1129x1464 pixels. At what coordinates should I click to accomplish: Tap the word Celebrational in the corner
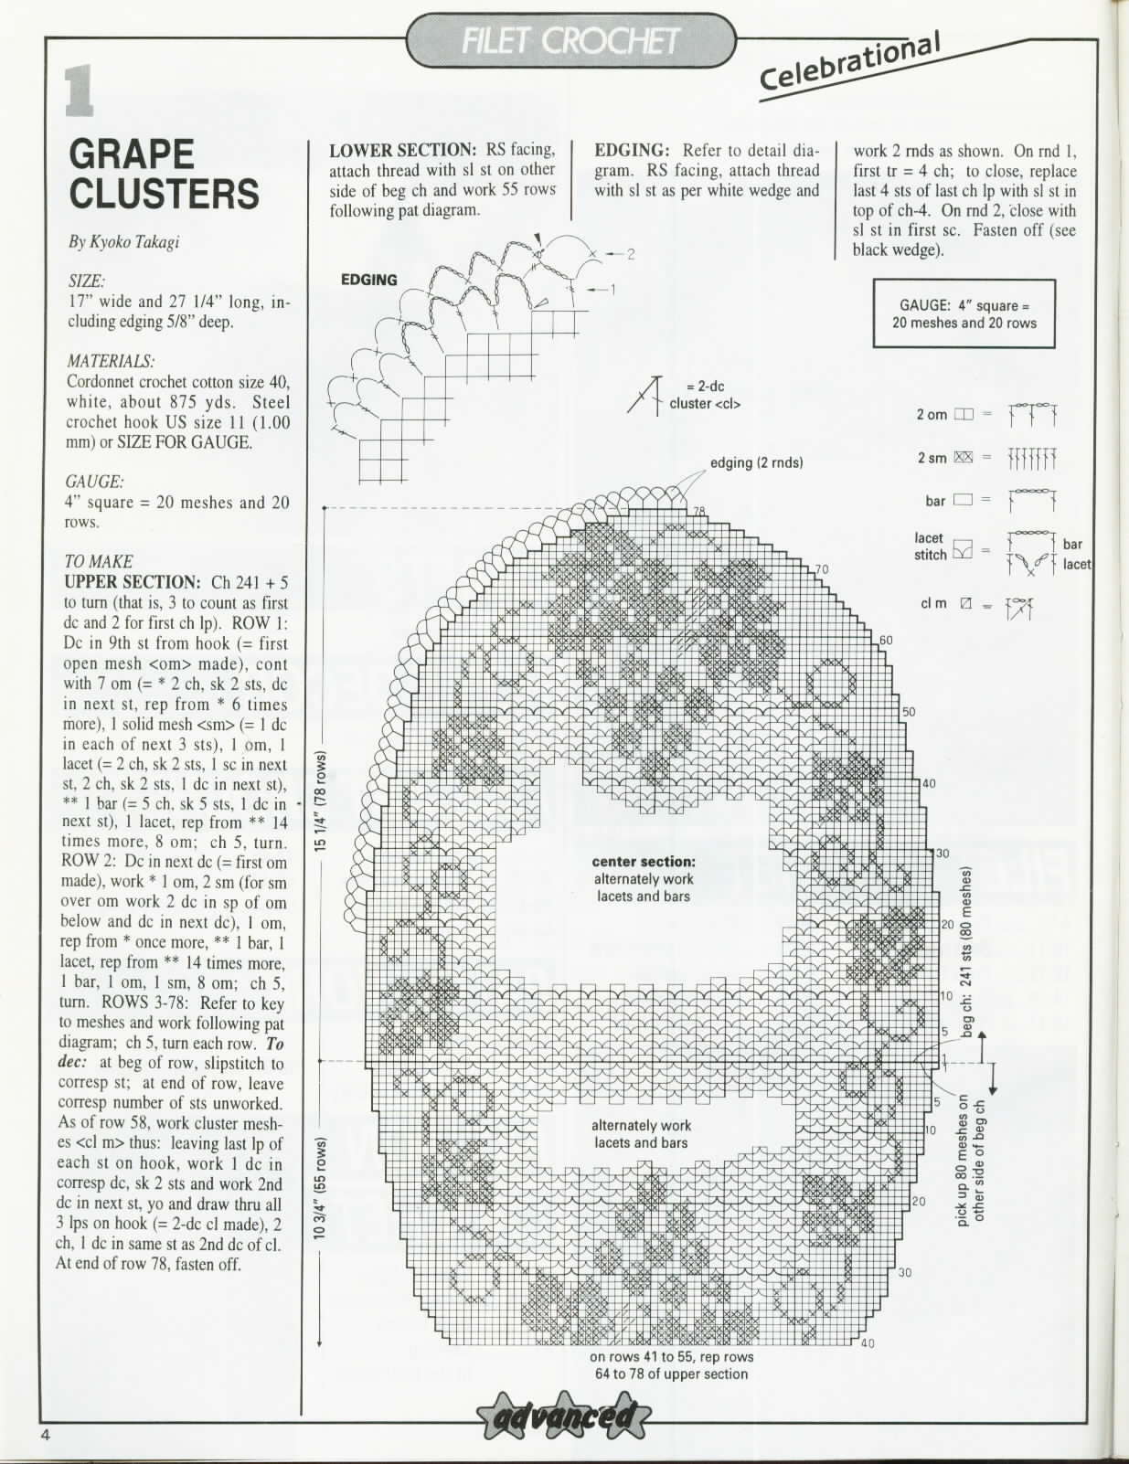(x=849, y=63)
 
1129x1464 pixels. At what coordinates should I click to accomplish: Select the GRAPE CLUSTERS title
(x=164, y=175)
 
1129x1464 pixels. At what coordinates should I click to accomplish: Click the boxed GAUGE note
(x=964, y=314)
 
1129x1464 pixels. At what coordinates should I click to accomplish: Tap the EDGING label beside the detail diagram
(x=368, y=281)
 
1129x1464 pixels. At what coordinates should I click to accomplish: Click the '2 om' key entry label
(x=932, y=414)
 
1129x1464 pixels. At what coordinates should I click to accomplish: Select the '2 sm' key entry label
(x=932, y=458)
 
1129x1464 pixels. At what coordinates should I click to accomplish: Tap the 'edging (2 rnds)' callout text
(x=757, y=462)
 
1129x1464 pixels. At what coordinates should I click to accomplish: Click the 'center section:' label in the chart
(x=644, y=861)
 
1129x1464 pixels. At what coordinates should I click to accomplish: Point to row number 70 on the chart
(x=821, y=569)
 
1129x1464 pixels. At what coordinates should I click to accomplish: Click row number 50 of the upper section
(x=909, y=712)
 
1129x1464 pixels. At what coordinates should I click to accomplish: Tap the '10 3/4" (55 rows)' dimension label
(x=323, y=1188)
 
